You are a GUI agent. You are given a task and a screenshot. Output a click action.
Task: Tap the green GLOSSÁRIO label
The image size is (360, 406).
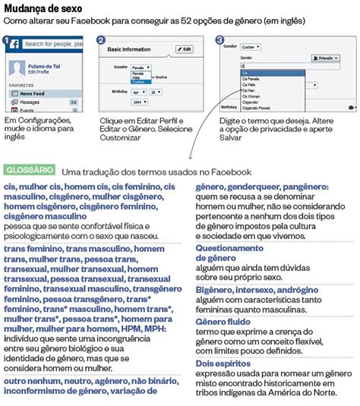29,169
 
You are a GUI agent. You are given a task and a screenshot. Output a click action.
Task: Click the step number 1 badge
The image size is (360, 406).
7,40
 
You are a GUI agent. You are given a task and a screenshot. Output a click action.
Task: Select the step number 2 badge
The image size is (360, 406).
103,40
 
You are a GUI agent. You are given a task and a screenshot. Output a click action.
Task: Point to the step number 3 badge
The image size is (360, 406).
220,40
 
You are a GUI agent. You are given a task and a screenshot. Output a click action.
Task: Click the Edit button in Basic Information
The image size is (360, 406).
185,49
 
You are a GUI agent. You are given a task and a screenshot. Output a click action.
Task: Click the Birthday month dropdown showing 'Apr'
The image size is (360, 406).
137,92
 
